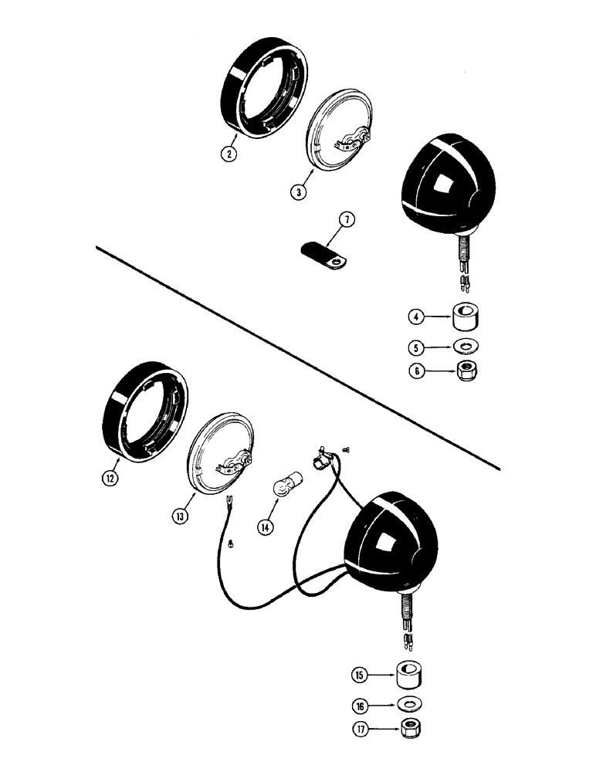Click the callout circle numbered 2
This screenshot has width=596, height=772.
pyautogui.click(x=227, y=152)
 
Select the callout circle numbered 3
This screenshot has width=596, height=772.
pyautogui.click(x=298, y=190)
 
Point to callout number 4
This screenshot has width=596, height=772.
pyautogui.click(x=417, y=317)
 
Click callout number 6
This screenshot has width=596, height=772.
pyautogui.click(x=417, y=370)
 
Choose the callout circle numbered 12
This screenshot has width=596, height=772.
pyautogui.click(x=113, y=477)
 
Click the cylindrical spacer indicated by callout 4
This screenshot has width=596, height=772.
pyautogui.click(x=466, y=317)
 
